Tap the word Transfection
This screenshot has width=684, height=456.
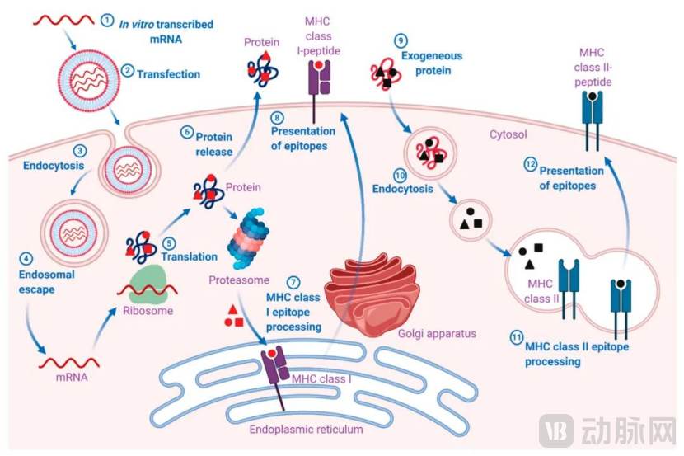168,74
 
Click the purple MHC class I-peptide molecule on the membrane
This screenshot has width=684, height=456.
318,81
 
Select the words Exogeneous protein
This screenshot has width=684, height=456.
432,63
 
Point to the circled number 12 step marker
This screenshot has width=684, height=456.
531,165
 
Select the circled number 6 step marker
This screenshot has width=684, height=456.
187,130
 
